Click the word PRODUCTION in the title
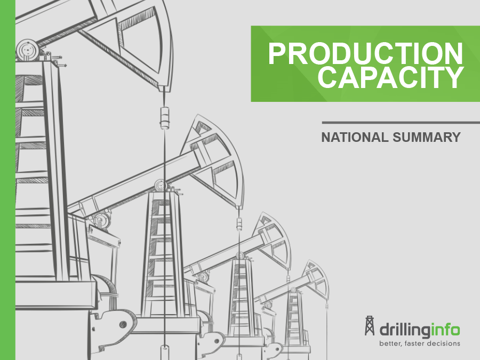pos(365,53)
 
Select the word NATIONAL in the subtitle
pos(355,137)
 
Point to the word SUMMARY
pos(427,137)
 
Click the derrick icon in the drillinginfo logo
pos(370,326)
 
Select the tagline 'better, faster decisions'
pos(420,343)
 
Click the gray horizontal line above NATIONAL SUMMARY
pos(401,123)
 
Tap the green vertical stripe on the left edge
pos(7,180)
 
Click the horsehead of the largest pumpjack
pos(144,43)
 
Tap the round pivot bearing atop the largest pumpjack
pos(28,50)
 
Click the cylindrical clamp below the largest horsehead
pos(165,117)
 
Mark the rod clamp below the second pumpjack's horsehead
pos(239,224)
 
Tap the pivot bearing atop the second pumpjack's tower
pos(161,185)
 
